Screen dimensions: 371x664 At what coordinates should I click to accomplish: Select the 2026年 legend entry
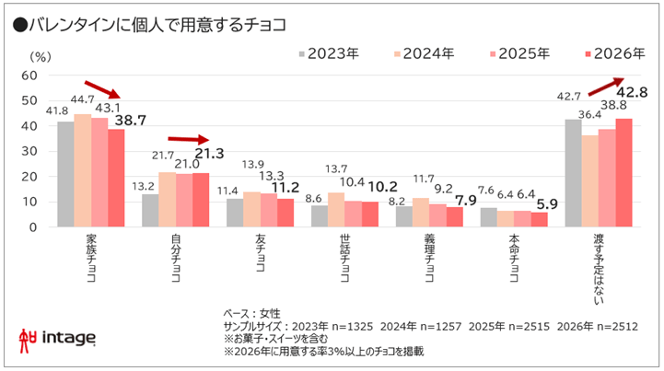(612, 53)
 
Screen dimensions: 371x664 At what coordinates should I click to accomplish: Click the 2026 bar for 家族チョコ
(116, 178)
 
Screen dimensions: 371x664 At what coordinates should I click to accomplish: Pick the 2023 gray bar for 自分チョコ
(149, 210)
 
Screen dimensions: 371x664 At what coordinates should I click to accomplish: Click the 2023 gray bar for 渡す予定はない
(572, 172)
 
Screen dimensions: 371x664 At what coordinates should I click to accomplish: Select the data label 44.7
(83, 99)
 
